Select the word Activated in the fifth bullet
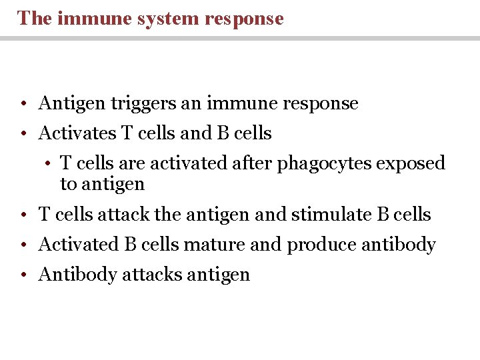[78, 245]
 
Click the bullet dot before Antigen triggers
[23, 105]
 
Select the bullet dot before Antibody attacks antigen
[23, 275]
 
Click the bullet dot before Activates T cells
[23, 135]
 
